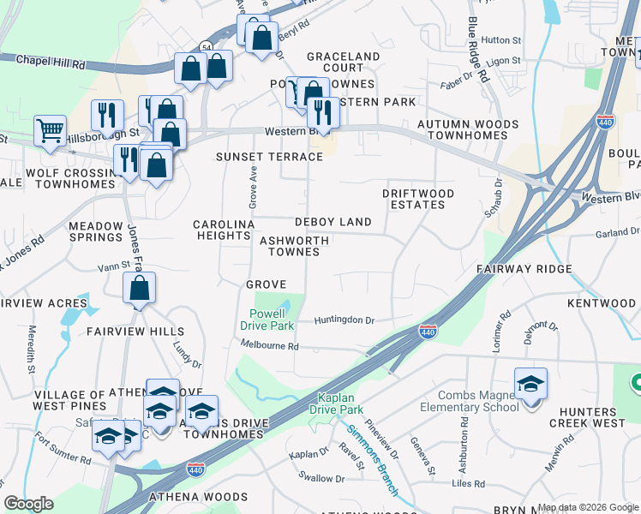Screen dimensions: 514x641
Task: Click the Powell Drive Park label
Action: pyautogui.click(x=273, y=320)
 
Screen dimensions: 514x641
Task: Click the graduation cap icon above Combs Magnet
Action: pyautogui.click(x=530, y=385)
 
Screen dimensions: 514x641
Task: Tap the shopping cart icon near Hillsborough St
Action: pyautogui.click(x=51, y=132)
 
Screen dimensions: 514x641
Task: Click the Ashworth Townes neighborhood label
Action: pyautogui.click(x=295, y=247)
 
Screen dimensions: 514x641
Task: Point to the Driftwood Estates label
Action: pyautogui.click(x=418, y=200)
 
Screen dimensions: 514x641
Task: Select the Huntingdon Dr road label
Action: pyautogui.click(x=344, y=320)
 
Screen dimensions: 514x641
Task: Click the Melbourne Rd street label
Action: pyautogui.click(x=269, y=346)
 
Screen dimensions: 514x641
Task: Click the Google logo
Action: pyautogui.click(x=29, y=504)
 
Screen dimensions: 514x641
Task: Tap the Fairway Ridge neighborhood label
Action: pyautogui.click(x=524, y=269)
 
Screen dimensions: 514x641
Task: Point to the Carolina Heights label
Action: pyautogui.click(x=225, y=230)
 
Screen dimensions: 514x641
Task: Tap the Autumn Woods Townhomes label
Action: pyautogui.click(x=467, y=130)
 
